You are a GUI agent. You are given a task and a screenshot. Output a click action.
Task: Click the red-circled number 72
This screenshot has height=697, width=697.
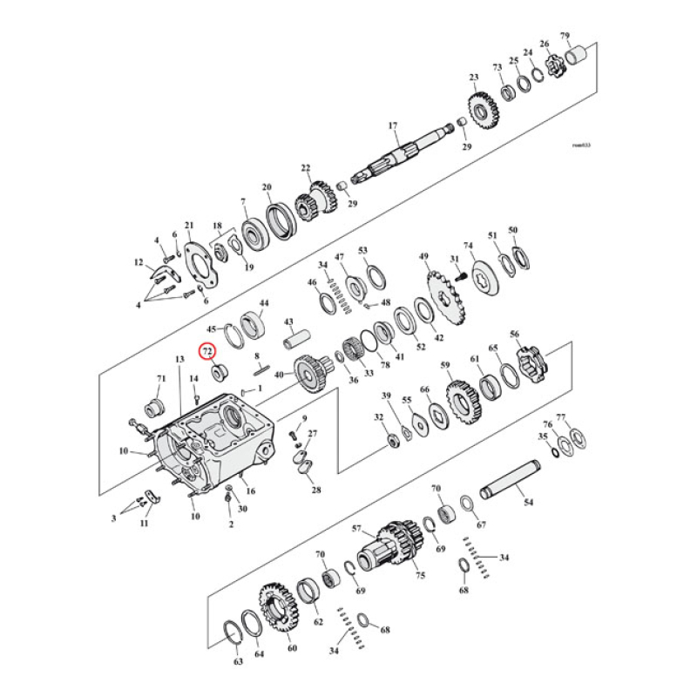coord(207,351)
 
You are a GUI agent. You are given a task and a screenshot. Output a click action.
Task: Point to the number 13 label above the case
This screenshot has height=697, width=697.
coord(179,359)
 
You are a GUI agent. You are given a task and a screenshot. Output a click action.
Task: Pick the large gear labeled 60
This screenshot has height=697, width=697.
coord(280,611)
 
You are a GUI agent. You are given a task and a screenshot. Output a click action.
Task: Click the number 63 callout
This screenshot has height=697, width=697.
coord(238,662)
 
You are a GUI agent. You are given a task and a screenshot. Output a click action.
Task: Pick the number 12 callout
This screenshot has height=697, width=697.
coord(138,262)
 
